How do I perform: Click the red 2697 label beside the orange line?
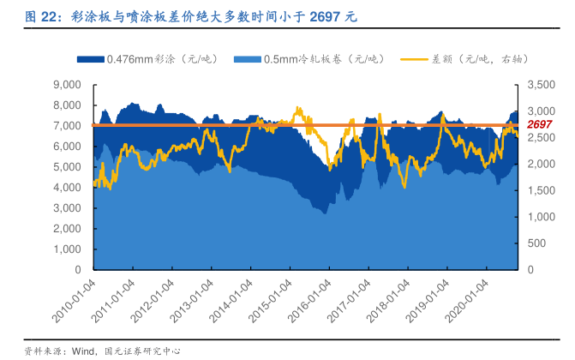tap(540, 125)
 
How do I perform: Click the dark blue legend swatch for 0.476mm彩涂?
tap(91, 59)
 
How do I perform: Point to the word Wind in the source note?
tap(82, 350)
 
